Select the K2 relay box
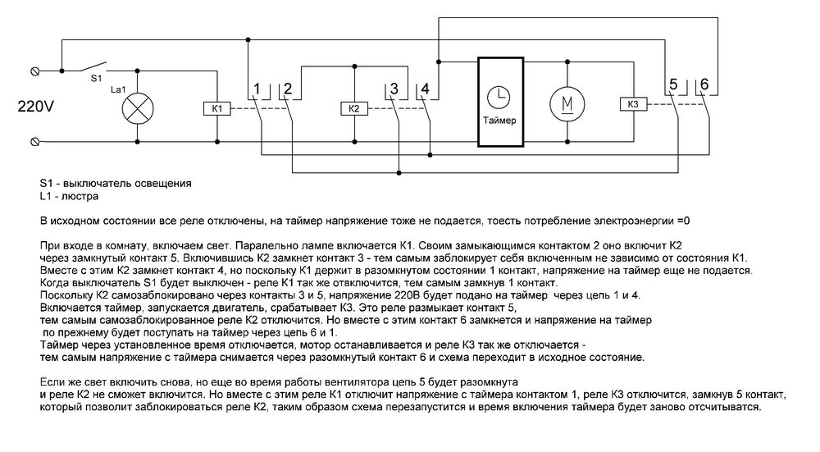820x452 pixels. point(353,108)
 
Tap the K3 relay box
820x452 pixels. point(631,104)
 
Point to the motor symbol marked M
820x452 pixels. point(565,103)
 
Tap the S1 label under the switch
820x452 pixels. point(95,80)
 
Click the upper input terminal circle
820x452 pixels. point(35,72)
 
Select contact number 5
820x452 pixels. point(672,84)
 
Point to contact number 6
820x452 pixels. point(704,84)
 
